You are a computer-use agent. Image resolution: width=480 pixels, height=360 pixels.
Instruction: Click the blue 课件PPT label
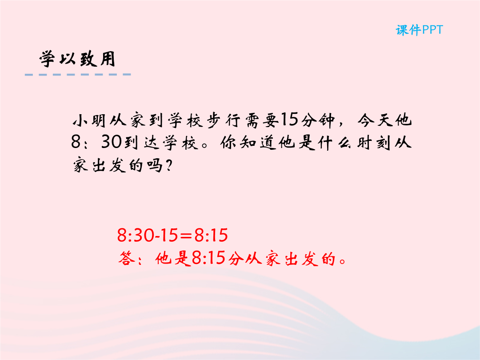click(x=419, y=30)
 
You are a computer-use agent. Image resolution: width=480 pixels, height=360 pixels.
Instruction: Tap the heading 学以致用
click(x=77, y=59)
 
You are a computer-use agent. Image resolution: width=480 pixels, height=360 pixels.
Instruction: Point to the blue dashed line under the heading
click(x=78, y=74)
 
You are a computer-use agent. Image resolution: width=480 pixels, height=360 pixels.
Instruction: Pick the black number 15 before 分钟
click(x=289, y=120)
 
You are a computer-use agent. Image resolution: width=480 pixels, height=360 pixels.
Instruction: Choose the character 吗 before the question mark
click(x=155, y=166)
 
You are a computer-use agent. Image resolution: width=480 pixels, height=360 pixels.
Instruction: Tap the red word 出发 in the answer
click(x=301, y=259)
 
